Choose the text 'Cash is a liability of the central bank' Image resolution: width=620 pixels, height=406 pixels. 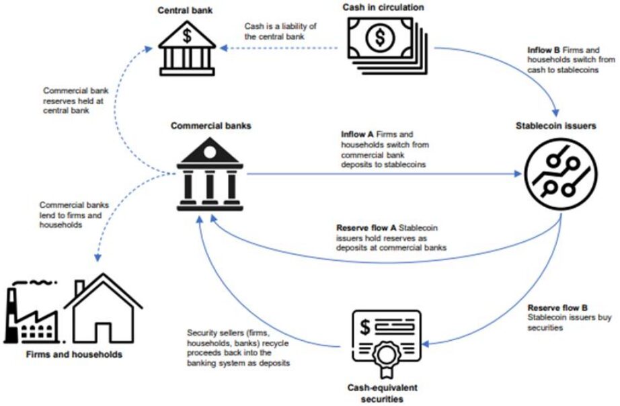point(280,31)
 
